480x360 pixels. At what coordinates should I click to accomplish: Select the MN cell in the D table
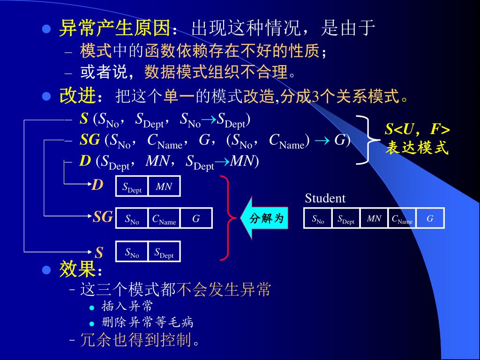(x=164, y=187)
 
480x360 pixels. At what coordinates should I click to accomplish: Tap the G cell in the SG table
(x=196, y=218)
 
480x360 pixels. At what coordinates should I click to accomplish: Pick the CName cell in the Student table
(x=402, y=218)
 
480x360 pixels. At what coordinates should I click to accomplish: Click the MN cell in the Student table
(x=374, y=218)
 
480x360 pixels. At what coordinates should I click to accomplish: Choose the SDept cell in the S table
(x=164, y=252)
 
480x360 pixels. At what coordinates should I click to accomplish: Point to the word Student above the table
(x=325, y=198)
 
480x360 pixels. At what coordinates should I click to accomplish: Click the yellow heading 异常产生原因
(x=113, y=29)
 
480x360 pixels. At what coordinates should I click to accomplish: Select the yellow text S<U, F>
(x=417, y=129)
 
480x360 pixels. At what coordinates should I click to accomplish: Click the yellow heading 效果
(x=77, y=270)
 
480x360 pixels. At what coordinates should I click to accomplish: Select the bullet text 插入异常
(x=127, y=307)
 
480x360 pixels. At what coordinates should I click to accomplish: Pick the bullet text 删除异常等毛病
(x=147, y=322)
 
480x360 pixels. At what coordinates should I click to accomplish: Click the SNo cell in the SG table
(x=132, y=218)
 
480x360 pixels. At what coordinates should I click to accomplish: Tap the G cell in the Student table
(x=430, y=218)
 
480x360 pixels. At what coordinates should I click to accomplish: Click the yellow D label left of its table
(x=97, y=185)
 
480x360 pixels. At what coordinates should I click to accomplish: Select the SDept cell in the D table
(x=132, y=187)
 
